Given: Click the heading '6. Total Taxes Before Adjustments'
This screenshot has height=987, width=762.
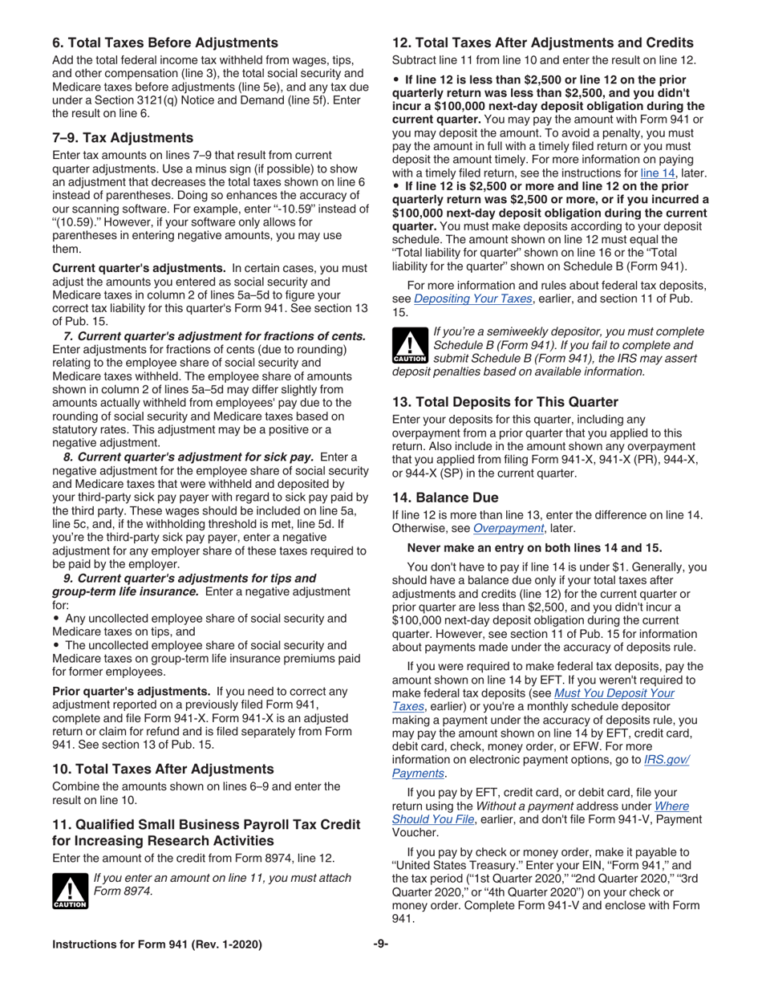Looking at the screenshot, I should point(165,42).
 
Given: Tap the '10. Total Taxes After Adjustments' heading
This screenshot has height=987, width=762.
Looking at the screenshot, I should point(163,768).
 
